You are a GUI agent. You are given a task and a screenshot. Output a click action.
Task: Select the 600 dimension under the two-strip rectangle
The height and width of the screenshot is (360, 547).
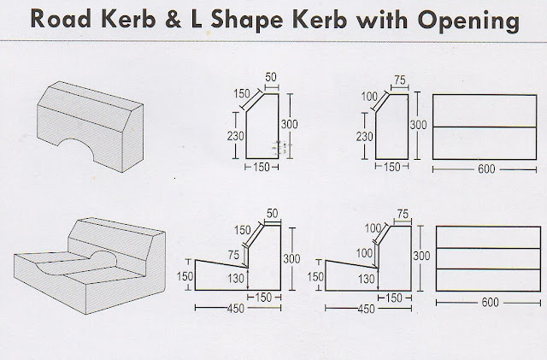point(486,168)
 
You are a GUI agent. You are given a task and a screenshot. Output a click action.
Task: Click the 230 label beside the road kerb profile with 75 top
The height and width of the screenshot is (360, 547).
point(364,136)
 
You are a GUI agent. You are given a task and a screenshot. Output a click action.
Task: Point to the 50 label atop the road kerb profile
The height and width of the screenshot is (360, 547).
point(272,78)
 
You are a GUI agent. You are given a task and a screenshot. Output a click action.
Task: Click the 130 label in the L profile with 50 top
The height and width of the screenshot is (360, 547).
point(235,277)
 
